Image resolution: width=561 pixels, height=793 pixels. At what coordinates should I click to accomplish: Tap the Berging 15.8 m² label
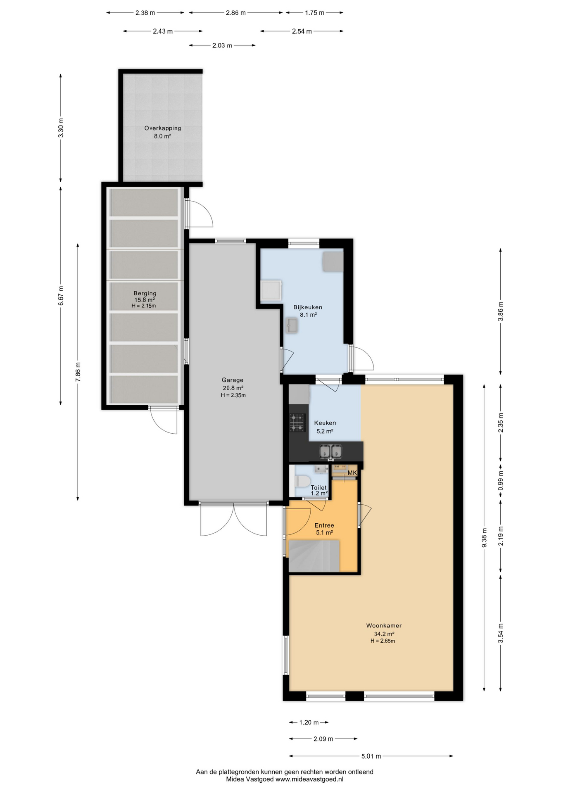145,297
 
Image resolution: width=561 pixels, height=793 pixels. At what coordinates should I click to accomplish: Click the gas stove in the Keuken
297,423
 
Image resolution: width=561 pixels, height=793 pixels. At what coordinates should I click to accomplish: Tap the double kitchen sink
331,452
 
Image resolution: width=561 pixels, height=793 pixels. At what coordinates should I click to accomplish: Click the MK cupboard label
352,473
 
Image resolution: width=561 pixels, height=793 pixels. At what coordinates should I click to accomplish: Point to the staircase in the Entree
314,556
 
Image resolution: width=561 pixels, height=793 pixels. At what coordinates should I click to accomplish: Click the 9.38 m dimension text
484,538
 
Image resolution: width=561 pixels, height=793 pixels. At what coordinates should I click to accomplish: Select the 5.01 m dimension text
371,756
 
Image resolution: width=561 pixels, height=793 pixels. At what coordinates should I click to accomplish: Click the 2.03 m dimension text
222,45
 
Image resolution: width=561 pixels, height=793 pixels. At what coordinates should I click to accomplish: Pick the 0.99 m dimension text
501,481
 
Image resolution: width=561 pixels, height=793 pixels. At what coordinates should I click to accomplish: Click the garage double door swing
234,520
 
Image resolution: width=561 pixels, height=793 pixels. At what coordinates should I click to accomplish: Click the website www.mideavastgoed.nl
309,779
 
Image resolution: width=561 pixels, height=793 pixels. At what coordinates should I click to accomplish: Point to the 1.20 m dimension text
309,722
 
